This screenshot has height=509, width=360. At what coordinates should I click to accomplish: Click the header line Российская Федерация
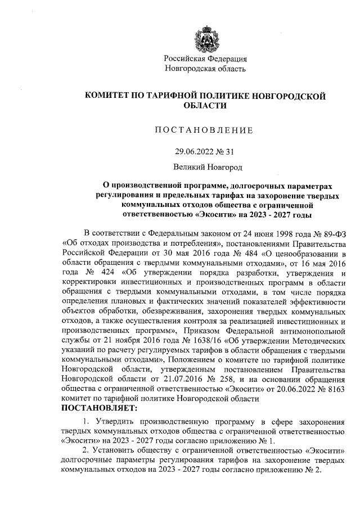coord(205,58)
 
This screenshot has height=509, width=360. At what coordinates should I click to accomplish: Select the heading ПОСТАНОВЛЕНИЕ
coord(205,130)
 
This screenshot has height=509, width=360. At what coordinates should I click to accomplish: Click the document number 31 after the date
coord(229,150)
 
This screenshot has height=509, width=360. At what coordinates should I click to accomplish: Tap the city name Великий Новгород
coord(205,167)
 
